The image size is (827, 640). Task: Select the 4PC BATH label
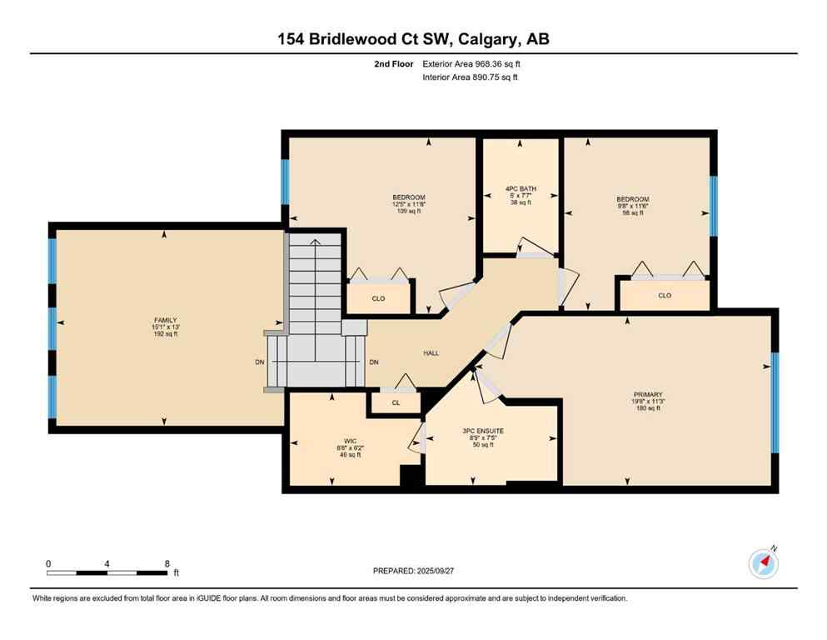click(521, 189)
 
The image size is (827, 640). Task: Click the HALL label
click(431, 353)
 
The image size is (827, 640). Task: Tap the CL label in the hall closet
click(396, 402)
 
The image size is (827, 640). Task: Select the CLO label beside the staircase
click(378, 298)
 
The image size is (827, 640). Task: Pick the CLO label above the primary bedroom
click(664, 295)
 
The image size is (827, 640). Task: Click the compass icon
click(763, 564)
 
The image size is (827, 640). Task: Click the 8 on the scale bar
click(167, 563)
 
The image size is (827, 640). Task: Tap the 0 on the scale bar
click(48, 563)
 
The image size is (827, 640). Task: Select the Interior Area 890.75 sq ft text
click(471, 77)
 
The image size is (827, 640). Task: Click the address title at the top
click(413, 39)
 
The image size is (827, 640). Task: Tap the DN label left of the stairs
click(260, 362)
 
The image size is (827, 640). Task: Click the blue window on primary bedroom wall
click(775, 402)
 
